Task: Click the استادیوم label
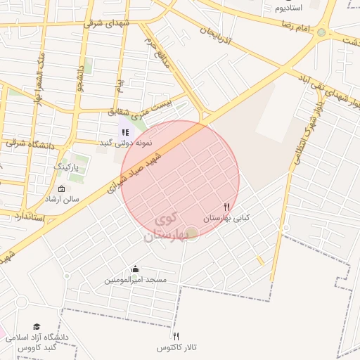click(x=288, y=8)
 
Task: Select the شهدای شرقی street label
click(x=108, y=24)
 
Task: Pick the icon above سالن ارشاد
click(x=60, y=188)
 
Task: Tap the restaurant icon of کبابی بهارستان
click(x=226, y=207)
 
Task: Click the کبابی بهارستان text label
click(x=226, y=218)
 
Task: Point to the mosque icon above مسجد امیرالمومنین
click(x=136, y=269)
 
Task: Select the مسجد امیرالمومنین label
click(x=136, y=280)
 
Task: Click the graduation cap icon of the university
click(x=37, y=326)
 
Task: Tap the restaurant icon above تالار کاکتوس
click(x=176, y=336)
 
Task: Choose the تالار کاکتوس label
click(x=176, y=348)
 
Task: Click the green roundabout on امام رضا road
click(x=321, y=32)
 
